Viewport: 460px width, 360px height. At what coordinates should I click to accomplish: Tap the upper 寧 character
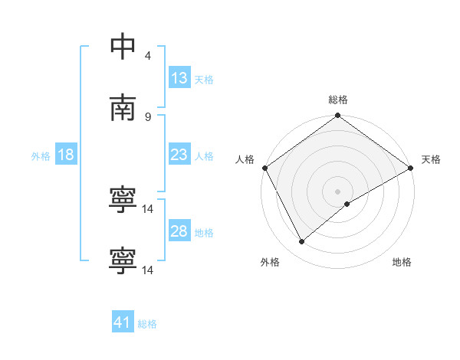(123, 199)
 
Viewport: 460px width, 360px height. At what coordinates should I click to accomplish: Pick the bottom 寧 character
(123, 260)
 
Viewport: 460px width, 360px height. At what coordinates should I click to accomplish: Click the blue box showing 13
(179, 78)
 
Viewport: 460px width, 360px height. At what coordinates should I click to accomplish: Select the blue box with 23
(179, 155)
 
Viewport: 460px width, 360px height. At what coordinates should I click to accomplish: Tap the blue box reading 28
(179, 231)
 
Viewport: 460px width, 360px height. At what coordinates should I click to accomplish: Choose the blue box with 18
(66, 155)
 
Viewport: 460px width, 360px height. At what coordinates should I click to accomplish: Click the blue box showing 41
(123, 322)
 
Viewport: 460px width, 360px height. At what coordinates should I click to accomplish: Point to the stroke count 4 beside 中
(147, 56)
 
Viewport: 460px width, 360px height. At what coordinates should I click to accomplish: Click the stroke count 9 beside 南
(147, 116)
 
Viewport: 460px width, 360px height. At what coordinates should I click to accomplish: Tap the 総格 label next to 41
(147, 324)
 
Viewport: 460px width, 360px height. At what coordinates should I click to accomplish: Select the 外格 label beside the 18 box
(41, 155)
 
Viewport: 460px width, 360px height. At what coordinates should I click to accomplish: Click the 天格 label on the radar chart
(431, 159)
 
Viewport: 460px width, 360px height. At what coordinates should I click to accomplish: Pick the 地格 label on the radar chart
(402, 262)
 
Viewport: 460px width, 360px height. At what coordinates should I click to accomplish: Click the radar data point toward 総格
(337, 116)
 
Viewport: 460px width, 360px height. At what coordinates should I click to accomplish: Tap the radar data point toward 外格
(302, 242)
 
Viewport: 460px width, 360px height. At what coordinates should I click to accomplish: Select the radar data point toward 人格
(264, 168)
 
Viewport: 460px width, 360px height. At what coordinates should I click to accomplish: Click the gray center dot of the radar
(337, 191)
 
